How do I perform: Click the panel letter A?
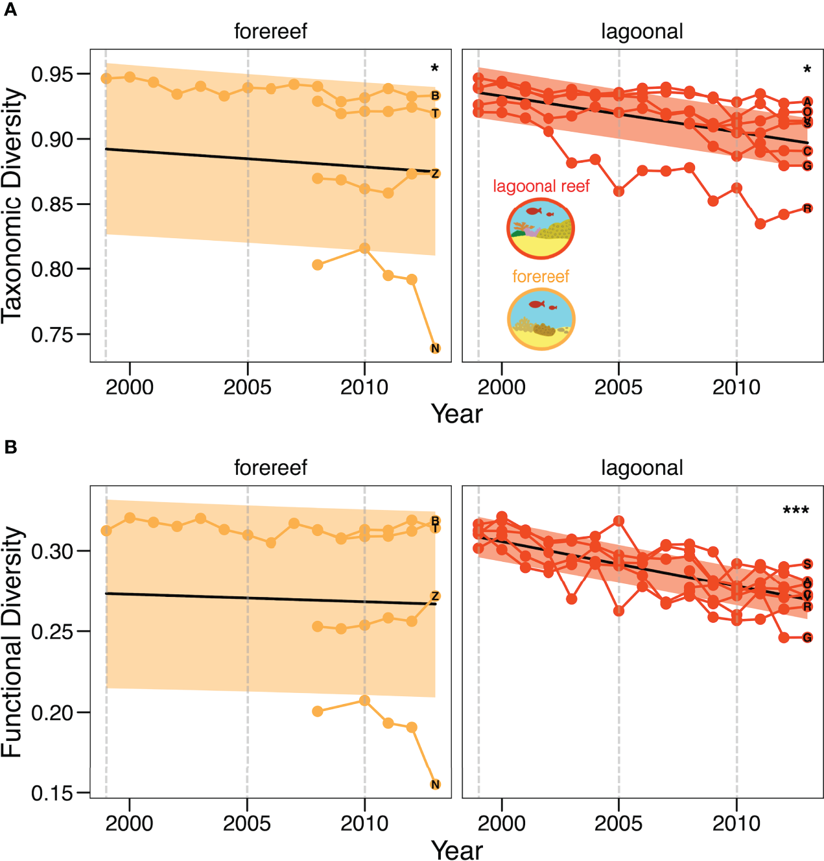pos(10,10)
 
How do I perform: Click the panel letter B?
pos(10,447)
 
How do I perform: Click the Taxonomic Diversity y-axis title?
pos(13,205)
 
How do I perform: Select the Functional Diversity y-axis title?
pos(13,642)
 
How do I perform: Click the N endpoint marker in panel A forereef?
pos(435,348)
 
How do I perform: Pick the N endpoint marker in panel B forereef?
pos(435,784)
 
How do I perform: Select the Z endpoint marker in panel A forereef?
pos(435,173)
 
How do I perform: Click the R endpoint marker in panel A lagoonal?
pos(807,208)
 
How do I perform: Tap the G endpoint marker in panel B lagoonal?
pos(807,637)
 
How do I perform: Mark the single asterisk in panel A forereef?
pos(434,69)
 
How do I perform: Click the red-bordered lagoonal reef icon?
pos(540,228)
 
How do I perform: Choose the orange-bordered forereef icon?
pos(541,319)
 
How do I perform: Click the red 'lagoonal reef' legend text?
pos(541,186)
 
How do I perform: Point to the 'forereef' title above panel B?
pos(270,467)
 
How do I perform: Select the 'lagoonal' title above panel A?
pos(642,31)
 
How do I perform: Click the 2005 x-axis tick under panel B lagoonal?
pos(618,823)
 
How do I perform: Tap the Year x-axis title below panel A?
pos(457,414)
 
